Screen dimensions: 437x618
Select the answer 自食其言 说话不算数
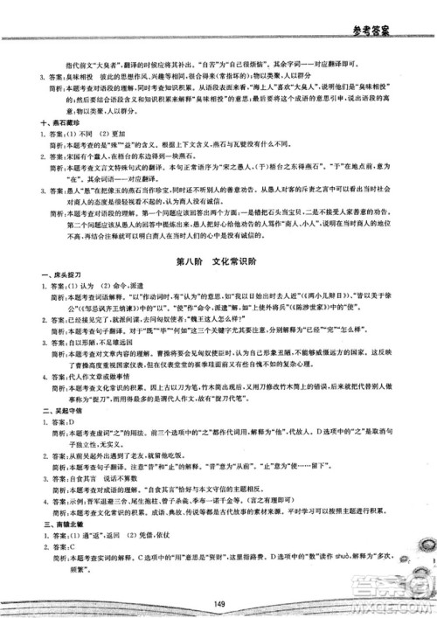click(x=96, y=489)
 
